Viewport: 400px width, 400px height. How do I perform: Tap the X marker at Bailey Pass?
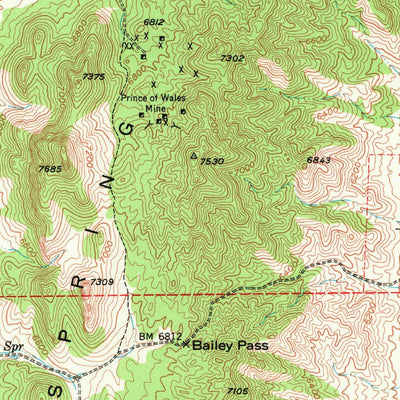click(x=186, y=344)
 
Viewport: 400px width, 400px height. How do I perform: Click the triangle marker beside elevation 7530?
click(x=194, y=156)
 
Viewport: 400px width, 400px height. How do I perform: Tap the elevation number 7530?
click(x=210, y=161)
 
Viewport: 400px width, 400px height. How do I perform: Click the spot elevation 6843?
click(x=318, y=160)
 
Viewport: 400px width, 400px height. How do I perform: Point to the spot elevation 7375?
click(x=94, y=77)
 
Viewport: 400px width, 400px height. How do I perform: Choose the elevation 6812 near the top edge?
click(x=153, y=22)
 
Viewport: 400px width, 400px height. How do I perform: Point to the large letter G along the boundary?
click(x=126, y=131)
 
